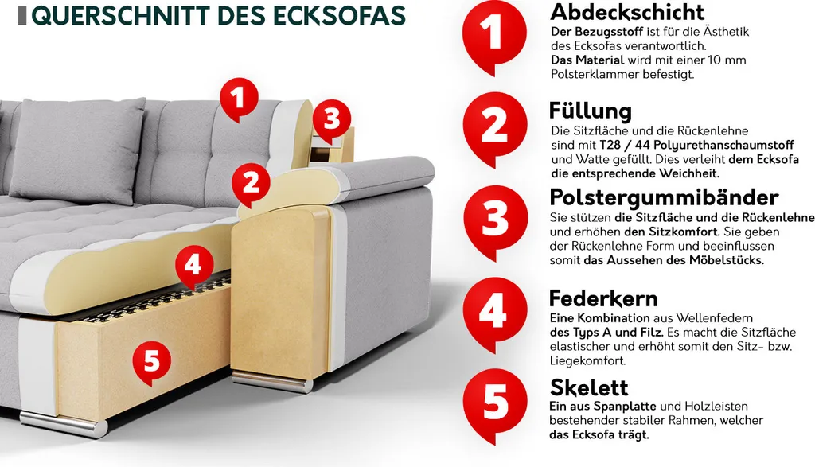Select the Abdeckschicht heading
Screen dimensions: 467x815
pos(627,12)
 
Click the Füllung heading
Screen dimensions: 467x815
pos(590,110)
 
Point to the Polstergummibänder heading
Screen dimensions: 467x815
pos(664,197)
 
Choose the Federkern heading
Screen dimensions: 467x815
pos(603,298)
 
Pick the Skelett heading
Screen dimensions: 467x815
pos(589,387)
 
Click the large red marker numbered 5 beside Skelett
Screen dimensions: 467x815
pos(493,403)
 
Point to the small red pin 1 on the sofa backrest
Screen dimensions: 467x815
pos(236,99)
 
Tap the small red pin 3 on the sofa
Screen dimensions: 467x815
pos(331,119)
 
